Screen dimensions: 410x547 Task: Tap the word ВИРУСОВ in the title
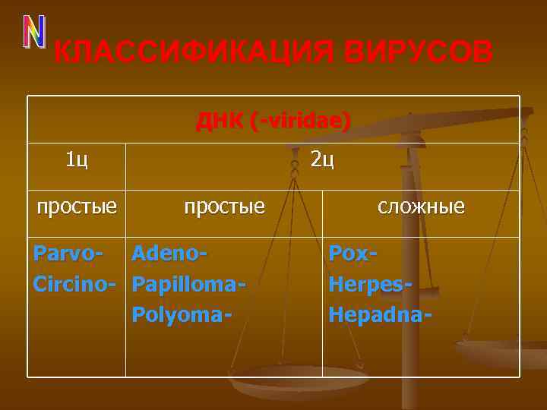click(418, 53)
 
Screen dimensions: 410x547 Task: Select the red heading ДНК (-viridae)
click(273, 121)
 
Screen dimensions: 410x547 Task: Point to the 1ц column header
click(77, 159)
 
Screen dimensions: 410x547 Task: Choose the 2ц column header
click(322, 159)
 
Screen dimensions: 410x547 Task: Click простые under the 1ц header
click(77, 206)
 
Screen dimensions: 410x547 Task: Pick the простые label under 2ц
click(224, 206)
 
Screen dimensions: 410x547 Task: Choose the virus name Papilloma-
click(188, 283)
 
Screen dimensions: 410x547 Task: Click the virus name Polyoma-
click(181, 313)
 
